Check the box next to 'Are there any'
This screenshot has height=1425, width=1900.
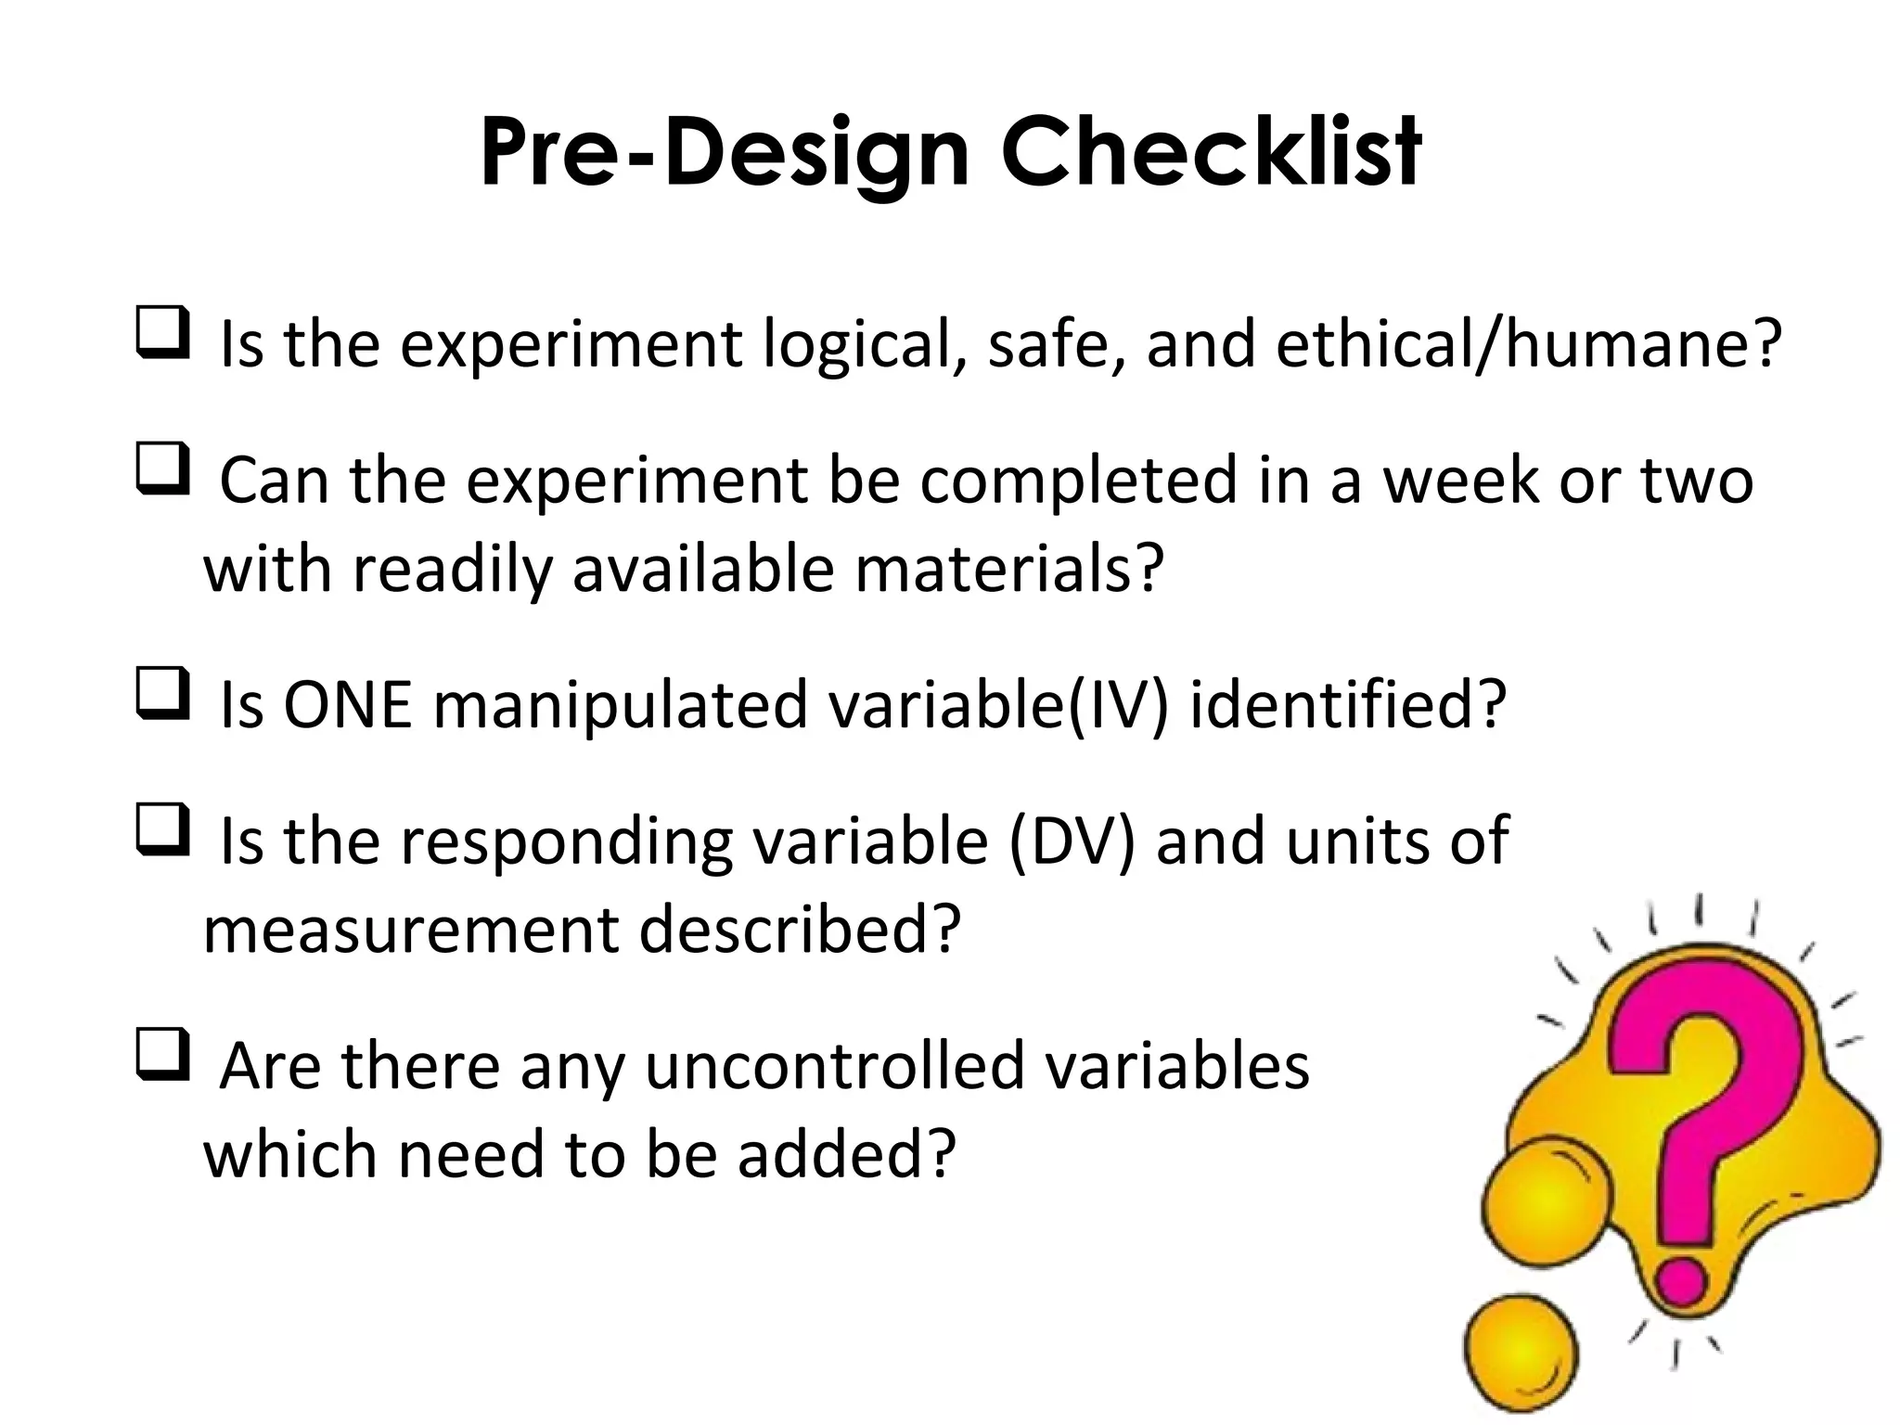[x=162, y=1056]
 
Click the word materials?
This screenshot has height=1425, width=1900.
[x=1008, y=569]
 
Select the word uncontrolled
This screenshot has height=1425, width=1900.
[x=834, y=1066]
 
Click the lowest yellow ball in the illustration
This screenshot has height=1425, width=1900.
[x=1521, y=1354]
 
